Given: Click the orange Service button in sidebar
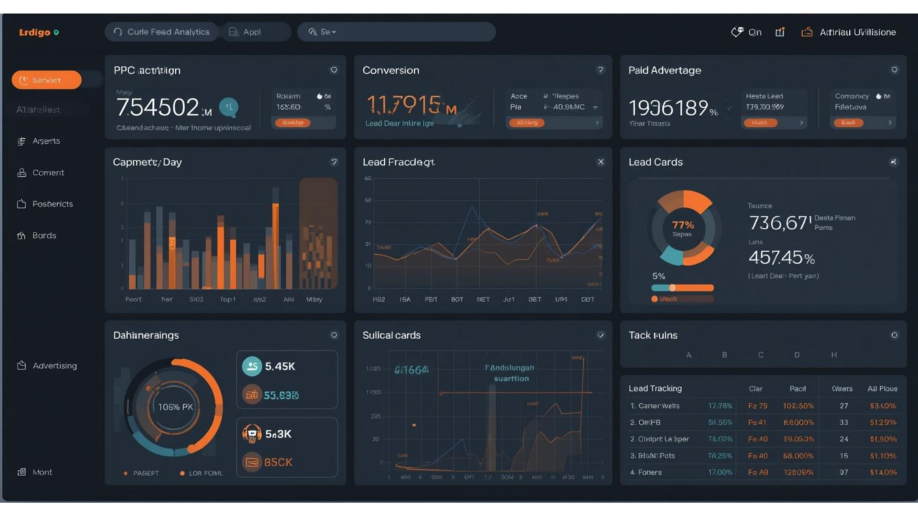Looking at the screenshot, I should pyautogui.click(x=46, y=80).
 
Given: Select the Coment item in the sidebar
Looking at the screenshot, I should pyautogui.click(x=48, y=173).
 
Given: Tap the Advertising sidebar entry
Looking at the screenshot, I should pyautogui.click(x=54, y=366).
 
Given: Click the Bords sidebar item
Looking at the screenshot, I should pyautogui.click(x=44, y=236).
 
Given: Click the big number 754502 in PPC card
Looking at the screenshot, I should pyautogui.click(x=157, y=107).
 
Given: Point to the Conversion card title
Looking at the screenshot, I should pyautogui.click(x=391, y=71).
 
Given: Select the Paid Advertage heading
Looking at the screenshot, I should pyautogui.click(x=664, y=71).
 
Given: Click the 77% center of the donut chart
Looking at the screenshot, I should pyautogui.click(x=683, y=227).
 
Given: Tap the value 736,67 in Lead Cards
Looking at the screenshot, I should pyautogui.click(x=780, y=223).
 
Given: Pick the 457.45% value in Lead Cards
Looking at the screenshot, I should pyautogui.click(x=781, y=257).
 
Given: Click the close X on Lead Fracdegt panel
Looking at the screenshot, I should pyautogui.click(x=601, y=162).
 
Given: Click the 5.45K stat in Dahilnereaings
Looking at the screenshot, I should pyautogui.click(x=280, y=367).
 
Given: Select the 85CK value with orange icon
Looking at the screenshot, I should pyautogui.click(x=278, y=462).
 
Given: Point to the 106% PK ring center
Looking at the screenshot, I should pyautogui.click(x=175, y=407).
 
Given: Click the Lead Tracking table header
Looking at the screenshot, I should pyautogui.click(x=655, y=388).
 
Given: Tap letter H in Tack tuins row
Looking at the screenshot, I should pyautogui.click(x=834, y=355).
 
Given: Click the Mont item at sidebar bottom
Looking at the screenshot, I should pyautogui.click(x=42, y=472).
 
